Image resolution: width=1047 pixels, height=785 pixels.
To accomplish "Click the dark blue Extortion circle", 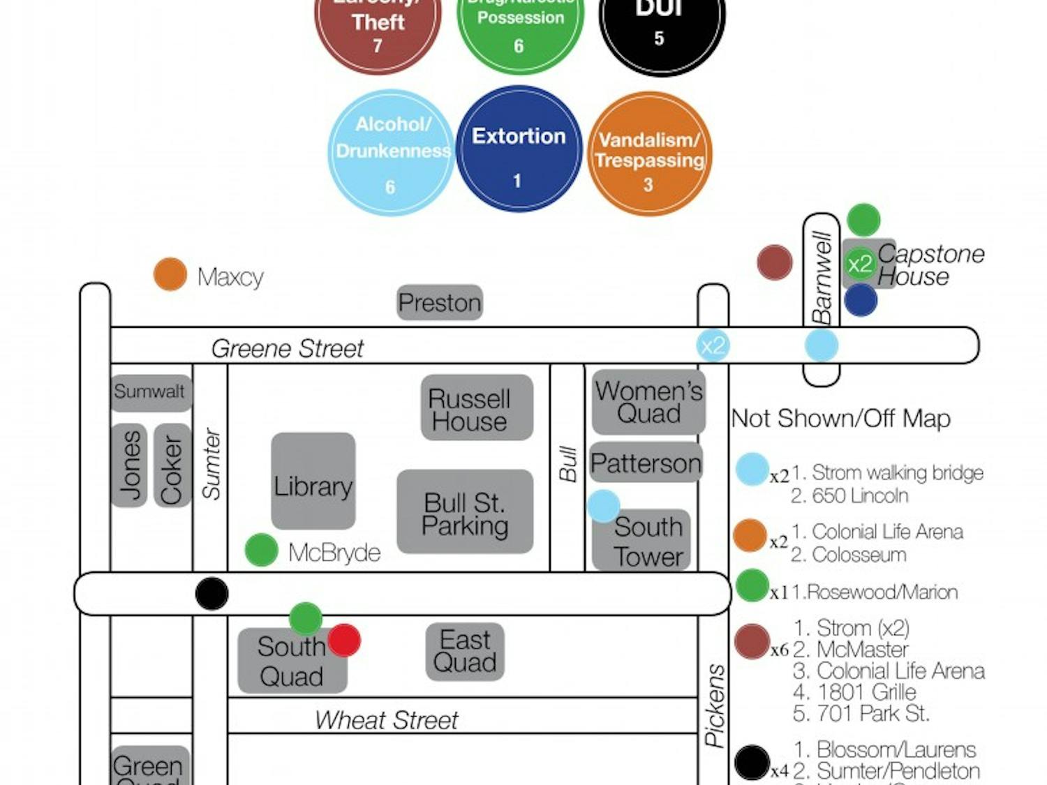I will click(519, 149).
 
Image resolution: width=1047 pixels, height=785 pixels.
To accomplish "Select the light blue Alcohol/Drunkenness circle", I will click(391, 153).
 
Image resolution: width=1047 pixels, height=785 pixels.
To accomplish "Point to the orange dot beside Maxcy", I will click(170, 274).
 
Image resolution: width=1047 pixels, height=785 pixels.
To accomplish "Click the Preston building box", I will click(440, 303).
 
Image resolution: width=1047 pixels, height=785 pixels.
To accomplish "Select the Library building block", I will click(313, 481).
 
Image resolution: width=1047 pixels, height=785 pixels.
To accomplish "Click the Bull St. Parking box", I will click(465, 512).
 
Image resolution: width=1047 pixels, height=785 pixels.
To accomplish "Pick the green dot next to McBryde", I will click(262, 550).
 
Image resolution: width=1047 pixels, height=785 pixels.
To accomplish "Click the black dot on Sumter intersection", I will click(211, 594).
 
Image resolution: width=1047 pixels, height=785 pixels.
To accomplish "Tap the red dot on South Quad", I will click(344, 640).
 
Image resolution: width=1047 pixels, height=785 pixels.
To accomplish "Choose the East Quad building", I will click(465, 651).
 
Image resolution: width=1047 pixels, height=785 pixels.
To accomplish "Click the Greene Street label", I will click(287, 348).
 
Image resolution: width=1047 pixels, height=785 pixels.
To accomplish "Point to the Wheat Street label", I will click(386, 719).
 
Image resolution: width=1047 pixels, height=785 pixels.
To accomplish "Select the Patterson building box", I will click(646, 463).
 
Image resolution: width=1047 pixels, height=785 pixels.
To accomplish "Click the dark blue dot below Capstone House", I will click(860, 301).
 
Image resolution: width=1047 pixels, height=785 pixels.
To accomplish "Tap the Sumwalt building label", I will click(150, 391).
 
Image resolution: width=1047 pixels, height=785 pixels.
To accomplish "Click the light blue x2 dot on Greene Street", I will click(713, 345).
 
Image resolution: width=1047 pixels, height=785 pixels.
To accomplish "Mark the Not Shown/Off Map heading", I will click(840, 419).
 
